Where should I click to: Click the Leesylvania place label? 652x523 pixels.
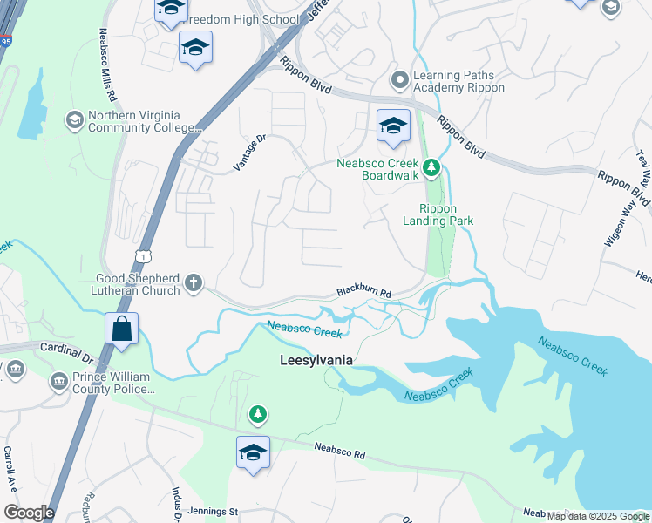[x=316, y=359]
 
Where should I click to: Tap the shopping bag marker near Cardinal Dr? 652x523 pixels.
[x=122, y=330]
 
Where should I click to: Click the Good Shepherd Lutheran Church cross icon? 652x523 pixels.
[x=194, y=283]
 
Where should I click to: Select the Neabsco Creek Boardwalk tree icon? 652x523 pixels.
[x=430, y=166]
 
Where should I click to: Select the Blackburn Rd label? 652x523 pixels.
[x=363, y=295]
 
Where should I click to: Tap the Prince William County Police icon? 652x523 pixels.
[x=58, y=381]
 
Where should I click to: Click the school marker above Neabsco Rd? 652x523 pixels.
[x=253, y=452]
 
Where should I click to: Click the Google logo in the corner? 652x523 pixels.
[x=29, y=513]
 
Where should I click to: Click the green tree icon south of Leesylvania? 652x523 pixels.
[x=257, y=412]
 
